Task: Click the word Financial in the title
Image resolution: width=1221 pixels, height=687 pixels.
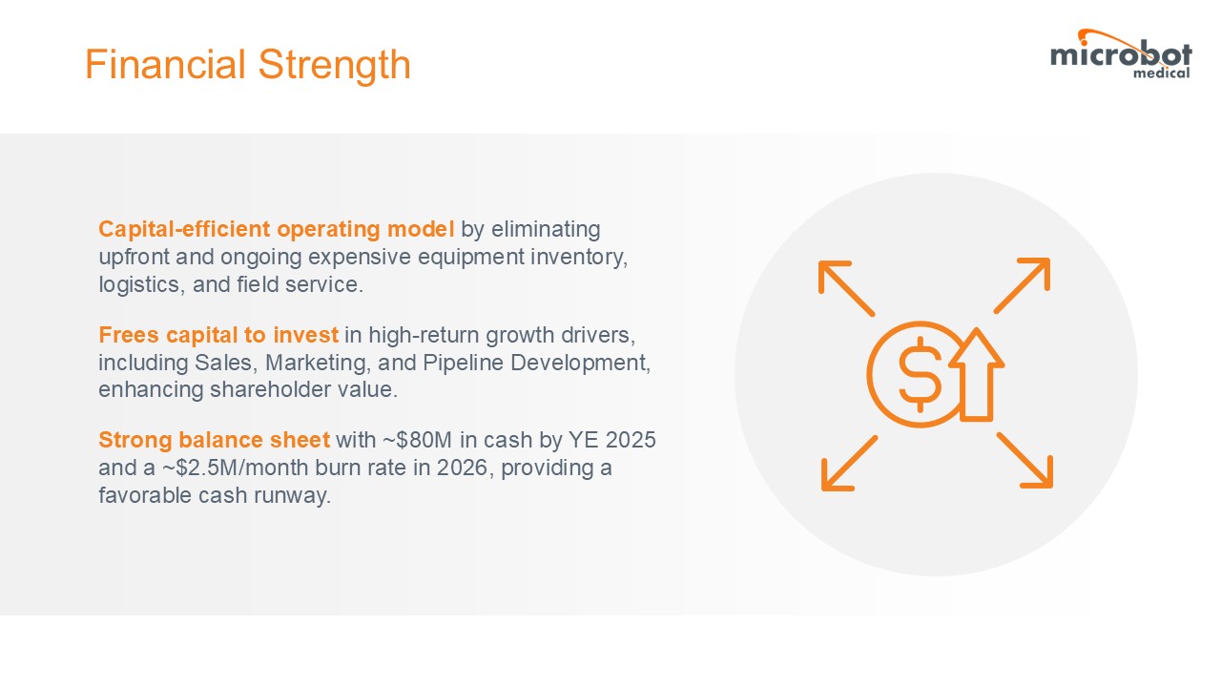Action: pyautogui.click(x=165, y=64)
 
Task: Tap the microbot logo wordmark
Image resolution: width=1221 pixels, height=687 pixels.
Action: pyautogui.click(x=1121, y=54)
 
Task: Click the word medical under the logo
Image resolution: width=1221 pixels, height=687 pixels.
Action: pyautogui.click(x=1162, y=73)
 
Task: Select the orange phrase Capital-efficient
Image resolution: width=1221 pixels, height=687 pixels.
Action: pyautogui.click(x=184, y=229)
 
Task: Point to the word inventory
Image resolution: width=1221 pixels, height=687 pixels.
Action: pyautogui.click(x=579, y=258)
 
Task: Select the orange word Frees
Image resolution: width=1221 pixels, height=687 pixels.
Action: pyautogui.click(x=129, y=334)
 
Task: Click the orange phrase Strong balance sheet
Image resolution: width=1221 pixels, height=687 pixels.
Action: pyautogui.click(x=215, y=440)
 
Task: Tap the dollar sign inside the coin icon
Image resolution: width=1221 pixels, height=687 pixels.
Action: pyautogui.click(x=921, y=375)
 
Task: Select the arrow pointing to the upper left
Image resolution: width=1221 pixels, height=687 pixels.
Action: pyautogui.click(x=846, y=288)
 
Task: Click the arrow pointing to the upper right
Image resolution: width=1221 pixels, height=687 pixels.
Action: pyautogui.click(x=1022, y=285)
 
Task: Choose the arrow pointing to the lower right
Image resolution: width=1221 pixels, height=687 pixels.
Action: pyautogui.click(x=1024, y=460)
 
